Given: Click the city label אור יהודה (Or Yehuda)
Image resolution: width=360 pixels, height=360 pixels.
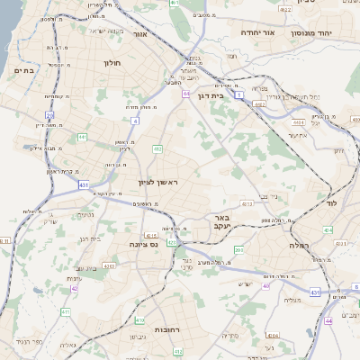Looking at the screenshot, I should pyautogui.click(x=256, y=32).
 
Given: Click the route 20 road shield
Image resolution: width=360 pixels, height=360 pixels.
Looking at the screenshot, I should pyautogui.click(x=50, y=115).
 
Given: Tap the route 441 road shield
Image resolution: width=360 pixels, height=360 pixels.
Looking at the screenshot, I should pyautogui.click(x=82, y=137).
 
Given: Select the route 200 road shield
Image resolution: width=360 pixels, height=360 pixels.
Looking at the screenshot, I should pyautogui.click(x=238, y=249).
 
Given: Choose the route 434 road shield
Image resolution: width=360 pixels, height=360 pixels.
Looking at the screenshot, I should pyautogui.click(x=328, y=230).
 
